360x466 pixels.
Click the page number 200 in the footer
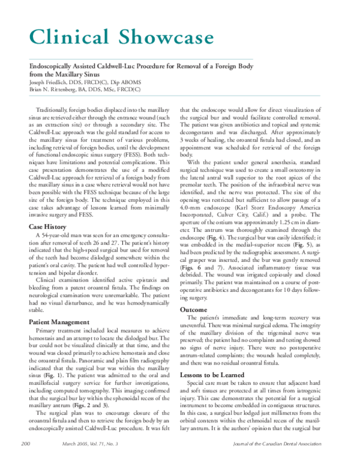pos(25,459)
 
